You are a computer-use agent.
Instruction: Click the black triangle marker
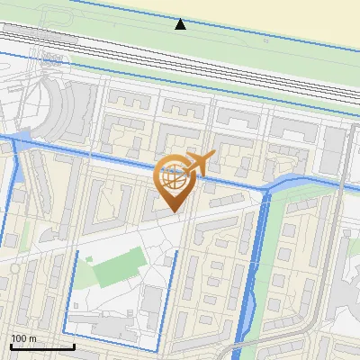[x=181, y=24]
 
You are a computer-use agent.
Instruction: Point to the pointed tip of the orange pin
[x=175, y=212]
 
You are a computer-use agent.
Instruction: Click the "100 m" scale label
[x=23, y=338]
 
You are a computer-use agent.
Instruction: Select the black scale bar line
[x=42, y=346]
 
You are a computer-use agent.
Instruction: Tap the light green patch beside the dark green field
[x=86, y=262]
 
